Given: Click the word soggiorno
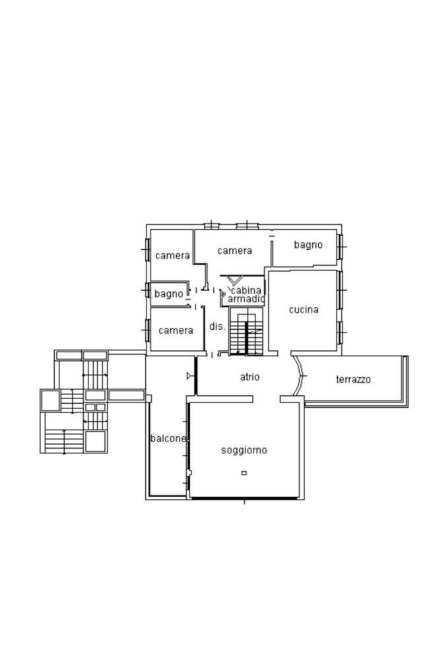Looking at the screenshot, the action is [x=244, y=450].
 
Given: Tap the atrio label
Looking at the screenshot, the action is [x=250, y=377].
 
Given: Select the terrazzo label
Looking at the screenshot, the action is [x=353, y=379].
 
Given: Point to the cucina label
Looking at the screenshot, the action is [x=304, y=309].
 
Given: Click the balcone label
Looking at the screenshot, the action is [x=168, y=438].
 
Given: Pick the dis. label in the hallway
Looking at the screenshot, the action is [x=217, y=326].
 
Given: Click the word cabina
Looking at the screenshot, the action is [x=246, y=290].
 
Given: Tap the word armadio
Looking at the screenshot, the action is [x=246, y=299].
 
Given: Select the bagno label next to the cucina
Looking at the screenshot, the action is [x=308, y=245].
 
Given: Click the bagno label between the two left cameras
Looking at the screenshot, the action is [x=168, y=294].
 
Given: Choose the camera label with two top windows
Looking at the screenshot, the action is [x=234, y=250].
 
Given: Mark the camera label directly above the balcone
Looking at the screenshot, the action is [x=176, y=330].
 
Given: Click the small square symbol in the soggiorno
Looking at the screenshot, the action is [x=244, y=473].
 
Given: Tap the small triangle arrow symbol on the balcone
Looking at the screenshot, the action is [x=190, y=376].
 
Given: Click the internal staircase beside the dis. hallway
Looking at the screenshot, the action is [x=246, y=332].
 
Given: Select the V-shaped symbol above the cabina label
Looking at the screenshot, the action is [x=235, y=280].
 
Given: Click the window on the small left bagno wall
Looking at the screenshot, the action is [x=148, y=289].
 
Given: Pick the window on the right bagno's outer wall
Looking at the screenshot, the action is [x=340, y=247].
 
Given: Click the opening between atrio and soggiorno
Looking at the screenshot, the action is [x=266, y=399].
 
